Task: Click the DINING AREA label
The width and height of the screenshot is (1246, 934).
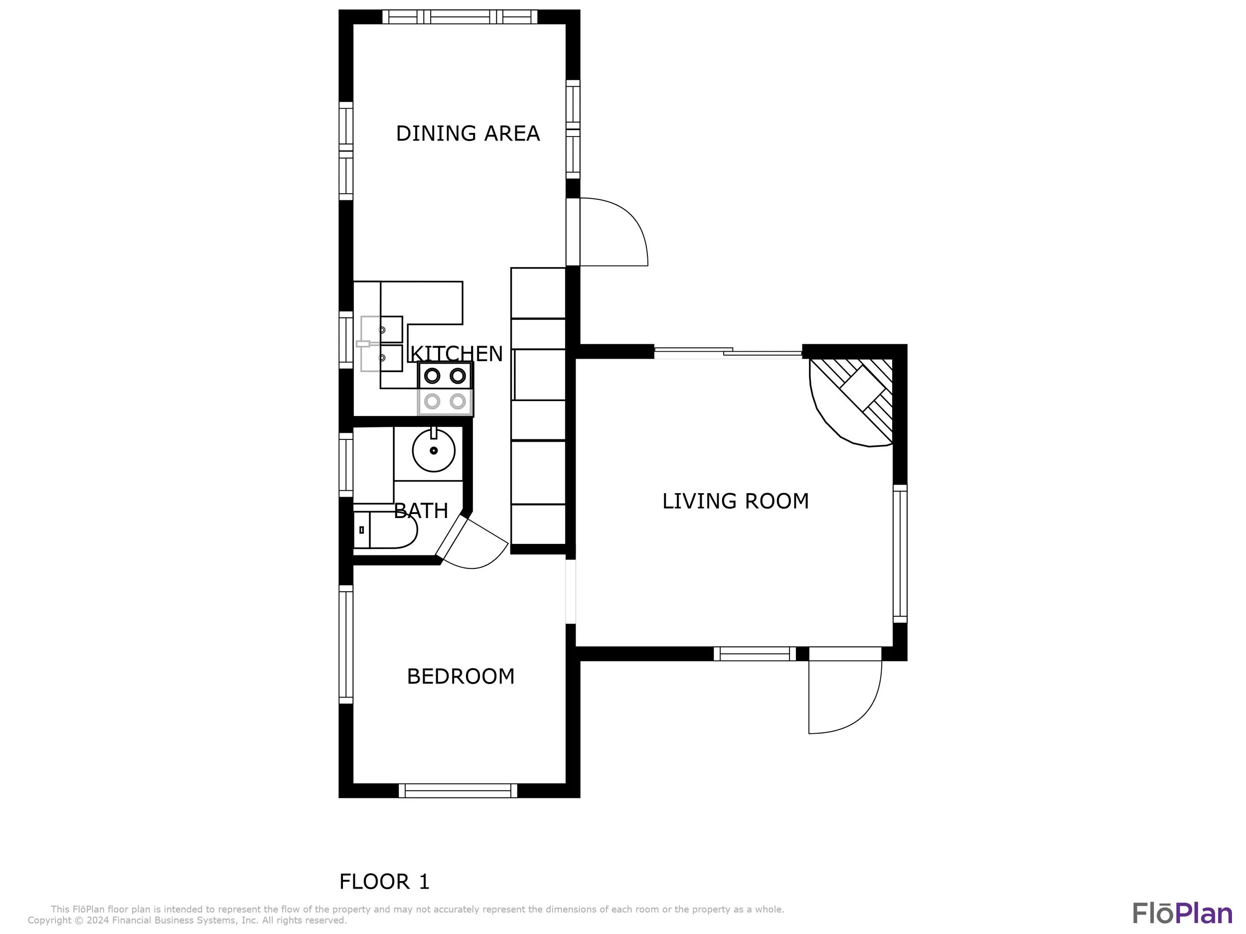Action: pos(467,133)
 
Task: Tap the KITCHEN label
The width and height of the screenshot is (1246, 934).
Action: pos(456,354)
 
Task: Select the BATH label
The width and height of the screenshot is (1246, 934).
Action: pos(421,511)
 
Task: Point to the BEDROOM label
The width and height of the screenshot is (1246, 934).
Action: pos(461,676)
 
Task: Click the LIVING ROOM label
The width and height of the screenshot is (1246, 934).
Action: pos(735,501)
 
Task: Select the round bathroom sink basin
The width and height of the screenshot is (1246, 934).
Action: pos(434,450)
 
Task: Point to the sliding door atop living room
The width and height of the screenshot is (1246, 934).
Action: pos(728,352)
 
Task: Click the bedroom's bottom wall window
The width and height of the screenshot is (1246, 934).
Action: pos(458,791)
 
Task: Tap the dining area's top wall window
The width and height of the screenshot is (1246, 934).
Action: pos(460,17)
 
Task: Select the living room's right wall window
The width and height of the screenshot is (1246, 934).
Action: pos(900,553)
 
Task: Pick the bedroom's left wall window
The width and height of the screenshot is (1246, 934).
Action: pos(346,644)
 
